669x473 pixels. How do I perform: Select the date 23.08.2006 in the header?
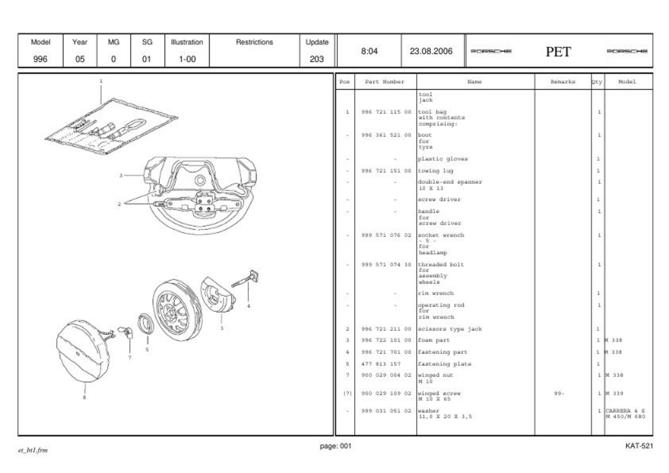[x=431, y=51]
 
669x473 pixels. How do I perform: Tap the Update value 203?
[x=317, y=59]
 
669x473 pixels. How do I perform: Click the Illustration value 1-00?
[x=187, y=59]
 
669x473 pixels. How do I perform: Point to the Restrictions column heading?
[x=254, y=42]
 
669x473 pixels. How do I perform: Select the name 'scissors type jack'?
[x=450, y=329]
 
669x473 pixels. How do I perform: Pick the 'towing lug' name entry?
[x=436, y=171]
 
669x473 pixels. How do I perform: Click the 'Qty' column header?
[x=597, y=82]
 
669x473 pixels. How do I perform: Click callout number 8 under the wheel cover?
[x=84, y=397]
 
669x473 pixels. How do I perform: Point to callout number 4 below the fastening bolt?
[x=248, y=306]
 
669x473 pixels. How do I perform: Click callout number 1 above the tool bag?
[x=101, y=81]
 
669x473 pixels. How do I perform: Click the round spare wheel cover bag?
[x=83, y=351]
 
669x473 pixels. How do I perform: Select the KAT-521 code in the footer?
[x=639, y=446]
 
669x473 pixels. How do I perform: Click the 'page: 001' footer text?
[x=335, y=446]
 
